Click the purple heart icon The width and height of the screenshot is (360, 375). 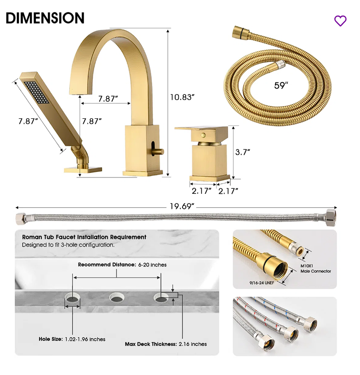click(340, 20)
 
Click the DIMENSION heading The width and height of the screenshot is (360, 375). click(45, 18)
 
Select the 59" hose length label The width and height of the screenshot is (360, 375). click(281, 85)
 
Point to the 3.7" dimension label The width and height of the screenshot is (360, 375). click(243, 151)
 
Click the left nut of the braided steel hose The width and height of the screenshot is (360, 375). click(21, 218)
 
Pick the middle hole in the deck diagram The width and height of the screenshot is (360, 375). click(116, 297)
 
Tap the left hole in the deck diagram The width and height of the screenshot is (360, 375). click(73, 297)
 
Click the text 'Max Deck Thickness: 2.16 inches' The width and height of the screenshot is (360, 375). click(166, 344)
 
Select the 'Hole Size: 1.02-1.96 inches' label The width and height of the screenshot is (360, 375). click(72, 339)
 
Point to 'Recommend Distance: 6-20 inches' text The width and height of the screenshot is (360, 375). click(122, 265)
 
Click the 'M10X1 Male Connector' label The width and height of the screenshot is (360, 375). click(315, 268)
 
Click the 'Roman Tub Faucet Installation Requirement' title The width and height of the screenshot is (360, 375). click(84, 237)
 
